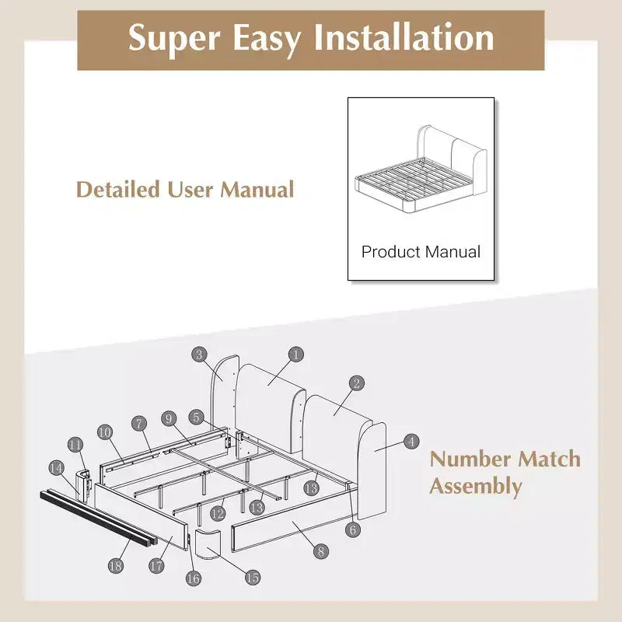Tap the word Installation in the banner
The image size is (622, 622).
[404, 37]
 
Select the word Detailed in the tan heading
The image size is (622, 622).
[118, 189]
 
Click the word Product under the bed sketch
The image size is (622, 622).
[390, 251]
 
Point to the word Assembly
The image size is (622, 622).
[476, 487]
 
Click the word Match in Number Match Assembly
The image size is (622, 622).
[550, 459]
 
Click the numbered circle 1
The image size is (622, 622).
[295, 355]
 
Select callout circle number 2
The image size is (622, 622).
[357, 383]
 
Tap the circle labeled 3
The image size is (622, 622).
[199, 355]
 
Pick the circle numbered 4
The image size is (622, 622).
[411, 442]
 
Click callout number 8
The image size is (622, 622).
[321, 551]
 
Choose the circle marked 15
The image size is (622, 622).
[253, 577]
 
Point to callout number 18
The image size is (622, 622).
[115, 565]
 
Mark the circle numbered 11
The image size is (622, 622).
[75, 445]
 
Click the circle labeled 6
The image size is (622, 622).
[353, 529]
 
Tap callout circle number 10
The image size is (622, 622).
[105, 432]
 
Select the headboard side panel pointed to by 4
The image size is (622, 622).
[372, 471]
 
